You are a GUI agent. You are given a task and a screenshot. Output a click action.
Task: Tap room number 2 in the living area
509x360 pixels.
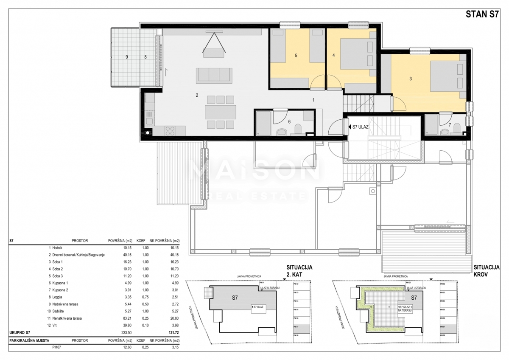tap(197, 96)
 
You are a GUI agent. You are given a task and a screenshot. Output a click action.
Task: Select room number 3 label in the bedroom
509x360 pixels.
tap(411, 79)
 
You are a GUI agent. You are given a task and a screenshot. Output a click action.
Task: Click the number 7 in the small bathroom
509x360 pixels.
tap(450, 125)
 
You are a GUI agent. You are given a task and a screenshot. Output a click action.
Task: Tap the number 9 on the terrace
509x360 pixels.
tap(126, 56)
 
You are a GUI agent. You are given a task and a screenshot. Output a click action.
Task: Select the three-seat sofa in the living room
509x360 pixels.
tap(214, 75)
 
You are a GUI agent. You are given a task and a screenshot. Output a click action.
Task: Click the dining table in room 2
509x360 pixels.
tap(220, 112)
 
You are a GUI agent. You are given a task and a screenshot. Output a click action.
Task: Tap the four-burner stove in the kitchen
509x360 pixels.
tap(169, 129)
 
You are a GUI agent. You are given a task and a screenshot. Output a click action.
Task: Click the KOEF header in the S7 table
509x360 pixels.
tap(141, 241)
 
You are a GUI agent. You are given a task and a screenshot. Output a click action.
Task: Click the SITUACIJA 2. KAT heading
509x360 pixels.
tap(299, 270)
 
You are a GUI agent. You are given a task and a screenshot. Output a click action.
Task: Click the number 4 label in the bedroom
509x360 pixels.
tap(334, 55)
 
